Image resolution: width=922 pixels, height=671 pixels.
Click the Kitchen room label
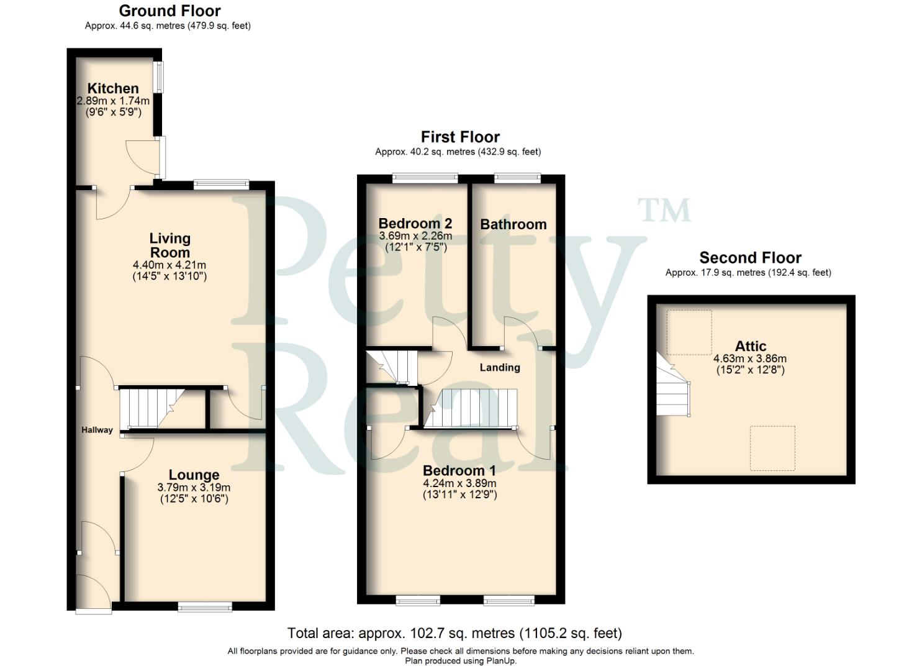112,88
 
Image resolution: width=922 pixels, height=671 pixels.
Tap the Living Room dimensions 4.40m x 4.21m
169,265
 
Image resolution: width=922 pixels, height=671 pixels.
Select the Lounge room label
194,475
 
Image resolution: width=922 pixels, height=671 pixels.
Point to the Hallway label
97,430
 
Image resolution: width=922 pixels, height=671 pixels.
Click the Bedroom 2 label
415,224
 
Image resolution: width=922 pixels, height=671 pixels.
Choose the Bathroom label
513,224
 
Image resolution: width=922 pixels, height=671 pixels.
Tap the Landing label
499,368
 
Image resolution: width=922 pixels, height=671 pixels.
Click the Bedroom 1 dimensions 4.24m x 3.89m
459,483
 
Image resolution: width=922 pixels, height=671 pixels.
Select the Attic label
750,346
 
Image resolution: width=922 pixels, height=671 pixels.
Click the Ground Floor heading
169,11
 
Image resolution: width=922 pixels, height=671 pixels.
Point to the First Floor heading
459,137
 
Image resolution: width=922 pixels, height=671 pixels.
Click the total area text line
454,633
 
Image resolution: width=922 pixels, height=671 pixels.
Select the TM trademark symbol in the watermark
664,211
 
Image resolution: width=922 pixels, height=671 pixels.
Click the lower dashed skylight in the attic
772,448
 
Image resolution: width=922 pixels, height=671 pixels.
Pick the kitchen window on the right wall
160,77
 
